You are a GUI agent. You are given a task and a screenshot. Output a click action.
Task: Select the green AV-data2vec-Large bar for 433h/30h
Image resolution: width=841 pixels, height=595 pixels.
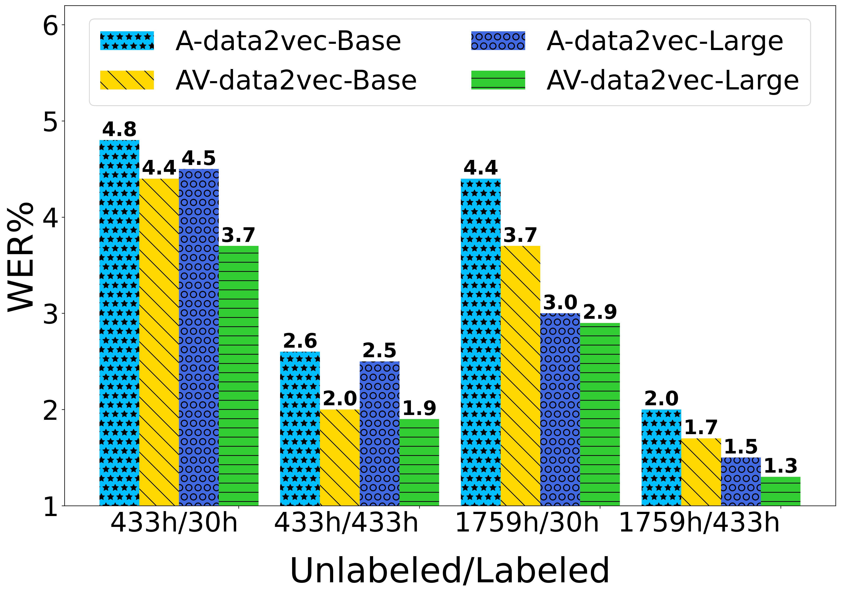pyautogui.click(x=238, y=376)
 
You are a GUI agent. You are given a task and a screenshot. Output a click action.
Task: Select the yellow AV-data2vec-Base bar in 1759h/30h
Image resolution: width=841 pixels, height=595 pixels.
pyautogui.click(x=520, y=376)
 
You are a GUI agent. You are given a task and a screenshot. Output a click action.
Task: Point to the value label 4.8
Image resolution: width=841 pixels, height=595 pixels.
pyautogui.click(x=119, y=129)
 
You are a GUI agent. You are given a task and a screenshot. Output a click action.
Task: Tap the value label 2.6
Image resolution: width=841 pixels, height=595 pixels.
pyautogui.click(x=300, y=341)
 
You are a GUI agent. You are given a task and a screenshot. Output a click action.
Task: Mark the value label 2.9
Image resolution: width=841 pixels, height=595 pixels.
pyautogui.click(x=600, y=312)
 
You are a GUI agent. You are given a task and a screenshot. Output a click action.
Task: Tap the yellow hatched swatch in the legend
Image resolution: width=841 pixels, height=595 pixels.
pyautogui.click(x=127, y=80)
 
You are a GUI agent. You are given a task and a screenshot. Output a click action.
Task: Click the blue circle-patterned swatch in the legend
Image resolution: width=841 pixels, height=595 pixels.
pyautogui.click(x=498, y=41)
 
